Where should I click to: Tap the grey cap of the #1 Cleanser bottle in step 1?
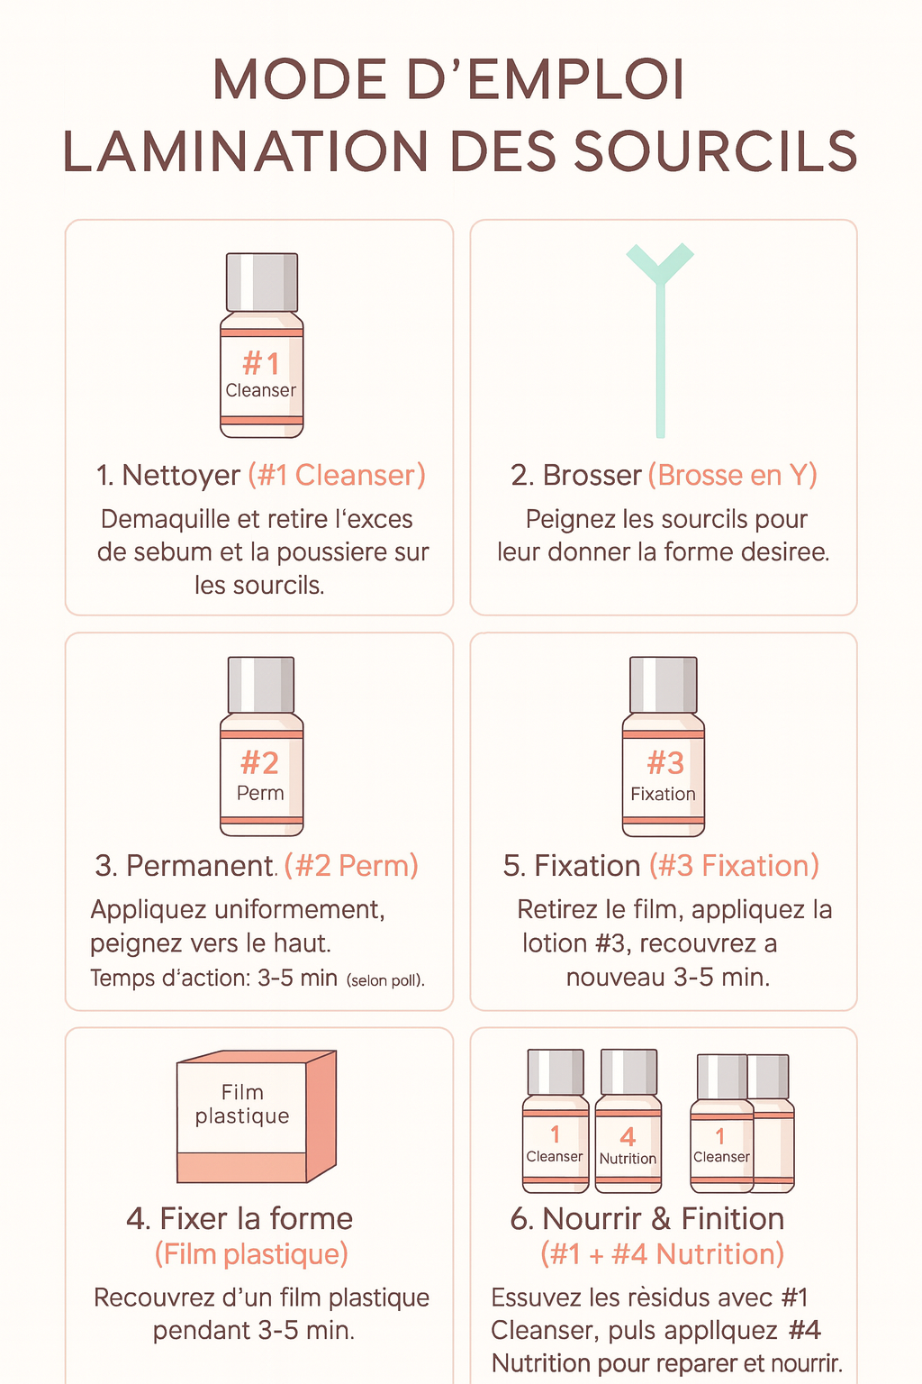click(x=261, y=282)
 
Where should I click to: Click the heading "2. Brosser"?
click(x=575, y=475)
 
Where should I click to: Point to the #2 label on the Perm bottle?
click(x=260, y=763)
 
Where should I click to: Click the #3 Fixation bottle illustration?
click(x=664, y=747)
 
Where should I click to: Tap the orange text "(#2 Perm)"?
click(x=351, y=866)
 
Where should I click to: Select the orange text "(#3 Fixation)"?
click(x=734, y=866)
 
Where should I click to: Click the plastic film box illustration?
click(x=257, y=1116)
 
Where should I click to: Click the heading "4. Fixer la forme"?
click(x=240, y=1218)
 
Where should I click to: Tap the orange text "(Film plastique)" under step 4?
click(x=251, y=1254)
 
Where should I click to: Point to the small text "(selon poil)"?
click(x=385, y=980)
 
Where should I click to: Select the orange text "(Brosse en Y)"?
click(x=732, y=475)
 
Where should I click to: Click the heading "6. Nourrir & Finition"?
click(x=646, y=1218)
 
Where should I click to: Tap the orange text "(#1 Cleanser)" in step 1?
click(x=337, y=475)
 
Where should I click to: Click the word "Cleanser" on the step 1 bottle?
click(x=260, y=390)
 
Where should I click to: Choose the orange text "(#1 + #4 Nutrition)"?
click(x=662, y=1254)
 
